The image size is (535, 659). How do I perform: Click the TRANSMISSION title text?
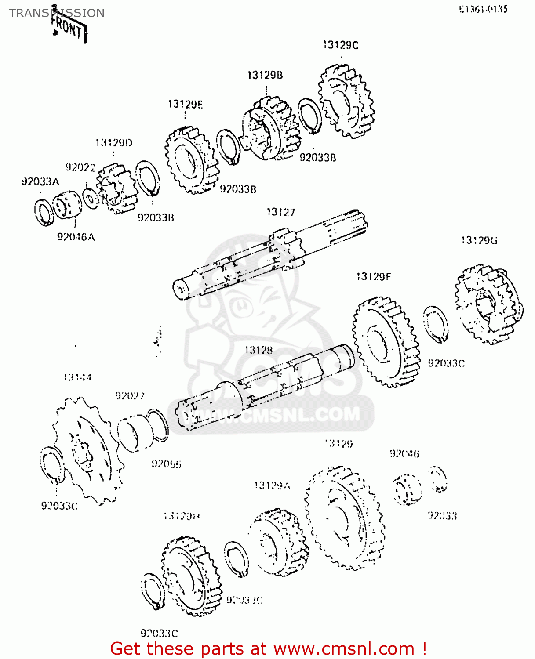click(56, 13)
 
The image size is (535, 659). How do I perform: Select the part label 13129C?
click(340, 45)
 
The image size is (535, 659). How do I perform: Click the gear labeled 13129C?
click(346, 102)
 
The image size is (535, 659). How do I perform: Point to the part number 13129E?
click(185, 105)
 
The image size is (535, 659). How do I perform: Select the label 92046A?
click(76, 237)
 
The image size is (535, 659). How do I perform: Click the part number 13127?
click(280, 212)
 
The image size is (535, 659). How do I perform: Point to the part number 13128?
click(258, 350)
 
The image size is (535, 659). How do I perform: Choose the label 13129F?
click(373, 276)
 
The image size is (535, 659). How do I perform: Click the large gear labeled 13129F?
click(386, 343)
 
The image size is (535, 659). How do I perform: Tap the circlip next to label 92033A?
click(44, 212)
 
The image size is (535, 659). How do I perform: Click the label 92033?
click(442, 516)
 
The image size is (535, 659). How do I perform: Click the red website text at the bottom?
click(268, 648)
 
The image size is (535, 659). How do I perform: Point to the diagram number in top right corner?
click(483, 9)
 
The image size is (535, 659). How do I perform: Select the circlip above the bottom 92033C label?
click(153, 591)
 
